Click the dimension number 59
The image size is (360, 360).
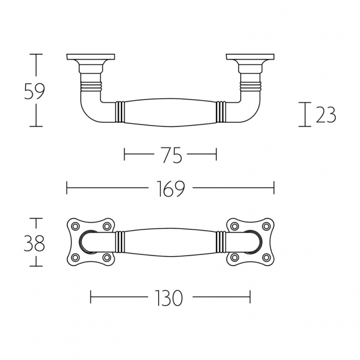click(x=34, y=91)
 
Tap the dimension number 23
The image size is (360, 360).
click(x=326, y=114)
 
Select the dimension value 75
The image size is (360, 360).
click(x=171, y=155)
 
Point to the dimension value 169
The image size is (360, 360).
click(x=171, y=189)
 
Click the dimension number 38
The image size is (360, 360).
click(x=34, y=243)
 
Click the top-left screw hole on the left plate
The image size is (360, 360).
click(x=75, y=226)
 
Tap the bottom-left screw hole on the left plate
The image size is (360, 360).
click(x=75, y=258)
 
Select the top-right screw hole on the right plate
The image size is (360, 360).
click(x=266, y=226)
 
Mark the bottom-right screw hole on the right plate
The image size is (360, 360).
click(x=266, y=258)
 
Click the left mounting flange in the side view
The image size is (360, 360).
click(x=89, y=58)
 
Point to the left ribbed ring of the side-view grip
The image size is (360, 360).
click(x=120, y=112)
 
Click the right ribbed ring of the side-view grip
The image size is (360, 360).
click(x=220, y=112)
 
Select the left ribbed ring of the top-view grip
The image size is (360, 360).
click(x=120, y=241)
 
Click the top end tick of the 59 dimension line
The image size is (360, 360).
click(x=37, y=54)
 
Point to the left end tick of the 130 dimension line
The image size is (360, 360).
click(x=90, y=297)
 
